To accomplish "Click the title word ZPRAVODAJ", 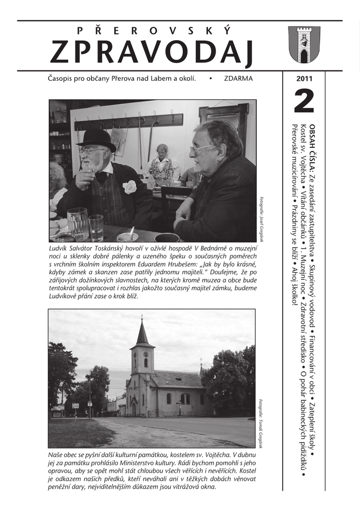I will coord(152,52).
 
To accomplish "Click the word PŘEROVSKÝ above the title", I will coord(154,31).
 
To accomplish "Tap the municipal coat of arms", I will coord(304,45).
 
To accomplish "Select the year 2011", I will coord(304,78).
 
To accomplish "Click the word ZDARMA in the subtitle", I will coord(238,78).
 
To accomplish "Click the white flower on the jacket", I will coord(130,187).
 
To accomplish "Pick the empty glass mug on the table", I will coord(77,224).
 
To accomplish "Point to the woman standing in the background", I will coord(162,164).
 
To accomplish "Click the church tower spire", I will coord(143,331).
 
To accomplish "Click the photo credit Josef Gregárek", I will coord(261,219).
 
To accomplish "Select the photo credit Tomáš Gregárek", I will coord(261,423).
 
